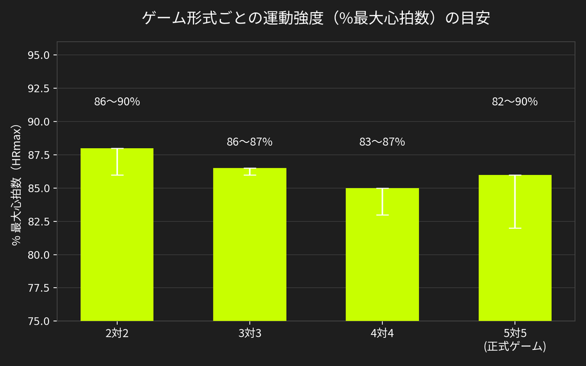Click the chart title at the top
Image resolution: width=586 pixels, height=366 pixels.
(316, 18)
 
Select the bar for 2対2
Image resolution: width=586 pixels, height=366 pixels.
(117, 234)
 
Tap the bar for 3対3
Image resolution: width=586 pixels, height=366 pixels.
(250, 245)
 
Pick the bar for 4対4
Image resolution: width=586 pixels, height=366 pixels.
(382, 254)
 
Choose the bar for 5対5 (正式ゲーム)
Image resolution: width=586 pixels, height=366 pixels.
(515, 248)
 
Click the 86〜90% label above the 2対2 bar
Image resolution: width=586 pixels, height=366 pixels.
(117, 102)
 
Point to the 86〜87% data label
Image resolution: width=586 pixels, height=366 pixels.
(250, 142)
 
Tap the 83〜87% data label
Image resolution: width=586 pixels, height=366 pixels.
(382, 142)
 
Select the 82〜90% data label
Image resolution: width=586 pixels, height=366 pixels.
(515, 102)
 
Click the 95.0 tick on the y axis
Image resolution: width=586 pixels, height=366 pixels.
(39, 55)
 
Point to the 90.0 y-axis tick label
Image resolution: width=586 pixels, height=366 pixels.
(39, 122)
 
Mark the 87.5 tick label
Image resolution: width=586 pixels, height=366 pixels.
(39, 155)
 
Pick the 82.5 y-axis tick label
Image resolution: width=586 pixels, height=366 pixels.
(39, 221)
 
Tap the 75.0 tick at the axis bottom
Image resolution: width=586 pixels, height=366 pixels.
(39, 321)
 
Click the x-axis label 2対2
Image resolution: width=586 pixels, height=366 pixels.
(117, 333)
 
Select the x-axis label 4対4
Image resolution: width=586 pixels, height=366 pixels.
(382, 333)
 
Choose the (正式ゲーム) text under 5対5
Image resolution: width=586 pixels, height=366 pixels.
(515, 347)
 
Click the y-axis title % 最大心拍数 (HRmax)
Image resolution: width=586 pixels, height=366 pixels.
(17, 185)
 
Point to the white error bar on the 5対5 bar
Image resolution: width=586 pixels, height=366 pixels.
(515, 201)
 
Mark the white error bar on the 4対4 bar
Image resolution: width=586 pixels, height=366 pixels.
(382, 202)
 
